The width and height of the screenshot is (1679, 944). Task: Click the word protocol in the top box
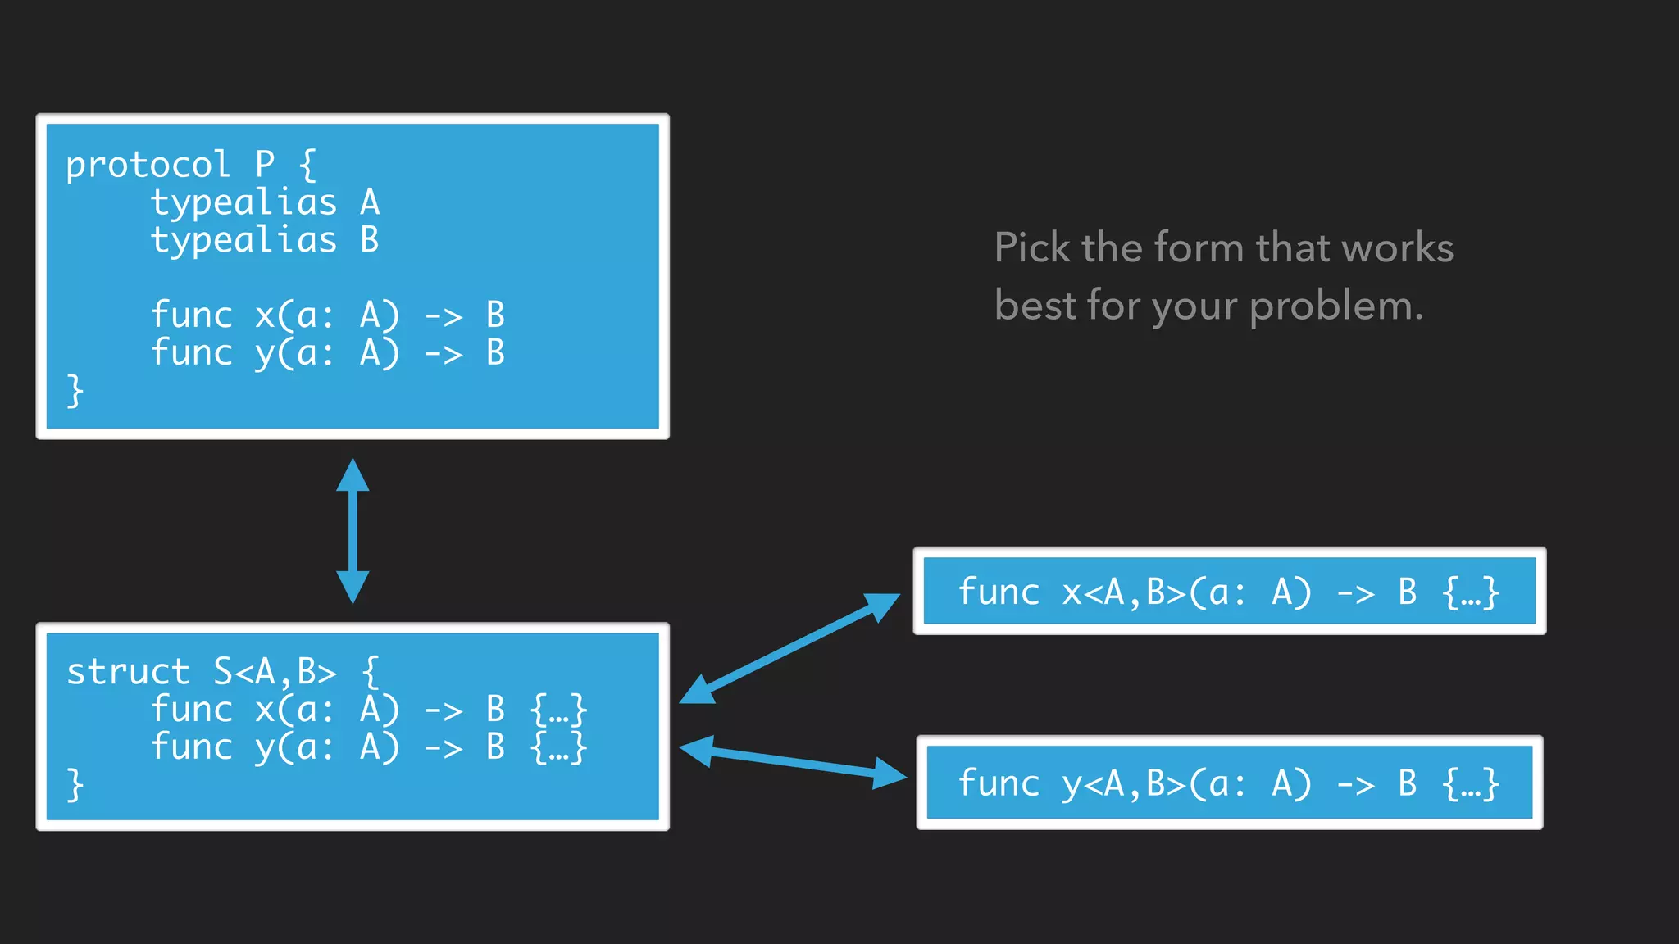(148, 166)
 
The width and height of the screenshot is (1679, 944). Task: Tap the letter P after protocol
(264, 165)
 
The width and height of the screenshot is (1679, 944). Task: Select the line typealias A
(264, 202)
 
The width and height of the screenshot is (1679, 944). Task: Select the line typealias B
(264, 240)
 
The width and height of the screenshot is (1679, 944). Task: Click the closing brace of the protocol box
(75, 391)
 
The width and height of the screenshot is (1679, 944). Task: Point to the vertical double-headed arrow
(353, 531)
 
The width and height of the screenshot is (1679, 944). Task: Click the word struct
(128, 672)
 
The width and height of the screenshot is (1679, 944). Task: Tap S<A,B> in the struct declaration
(275, 672)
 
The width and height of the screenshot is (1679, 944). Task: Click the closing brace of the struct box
(75, 784)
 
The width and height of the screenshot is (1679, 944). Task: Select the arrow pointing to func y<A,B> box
(794, 763)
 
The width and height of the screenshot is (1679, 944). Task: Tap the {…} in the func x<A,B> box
(1471, 592)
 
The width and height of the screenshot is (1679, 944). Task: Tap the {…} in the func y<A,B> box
(1471, 784)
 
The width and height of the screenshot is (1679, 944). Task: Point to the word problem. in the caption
(1336, 306)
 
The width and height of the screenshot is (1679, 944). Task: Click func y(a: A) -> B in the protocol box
(328, 353)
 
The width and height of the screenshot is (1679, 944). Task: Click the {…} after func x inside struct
(559, 710)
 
